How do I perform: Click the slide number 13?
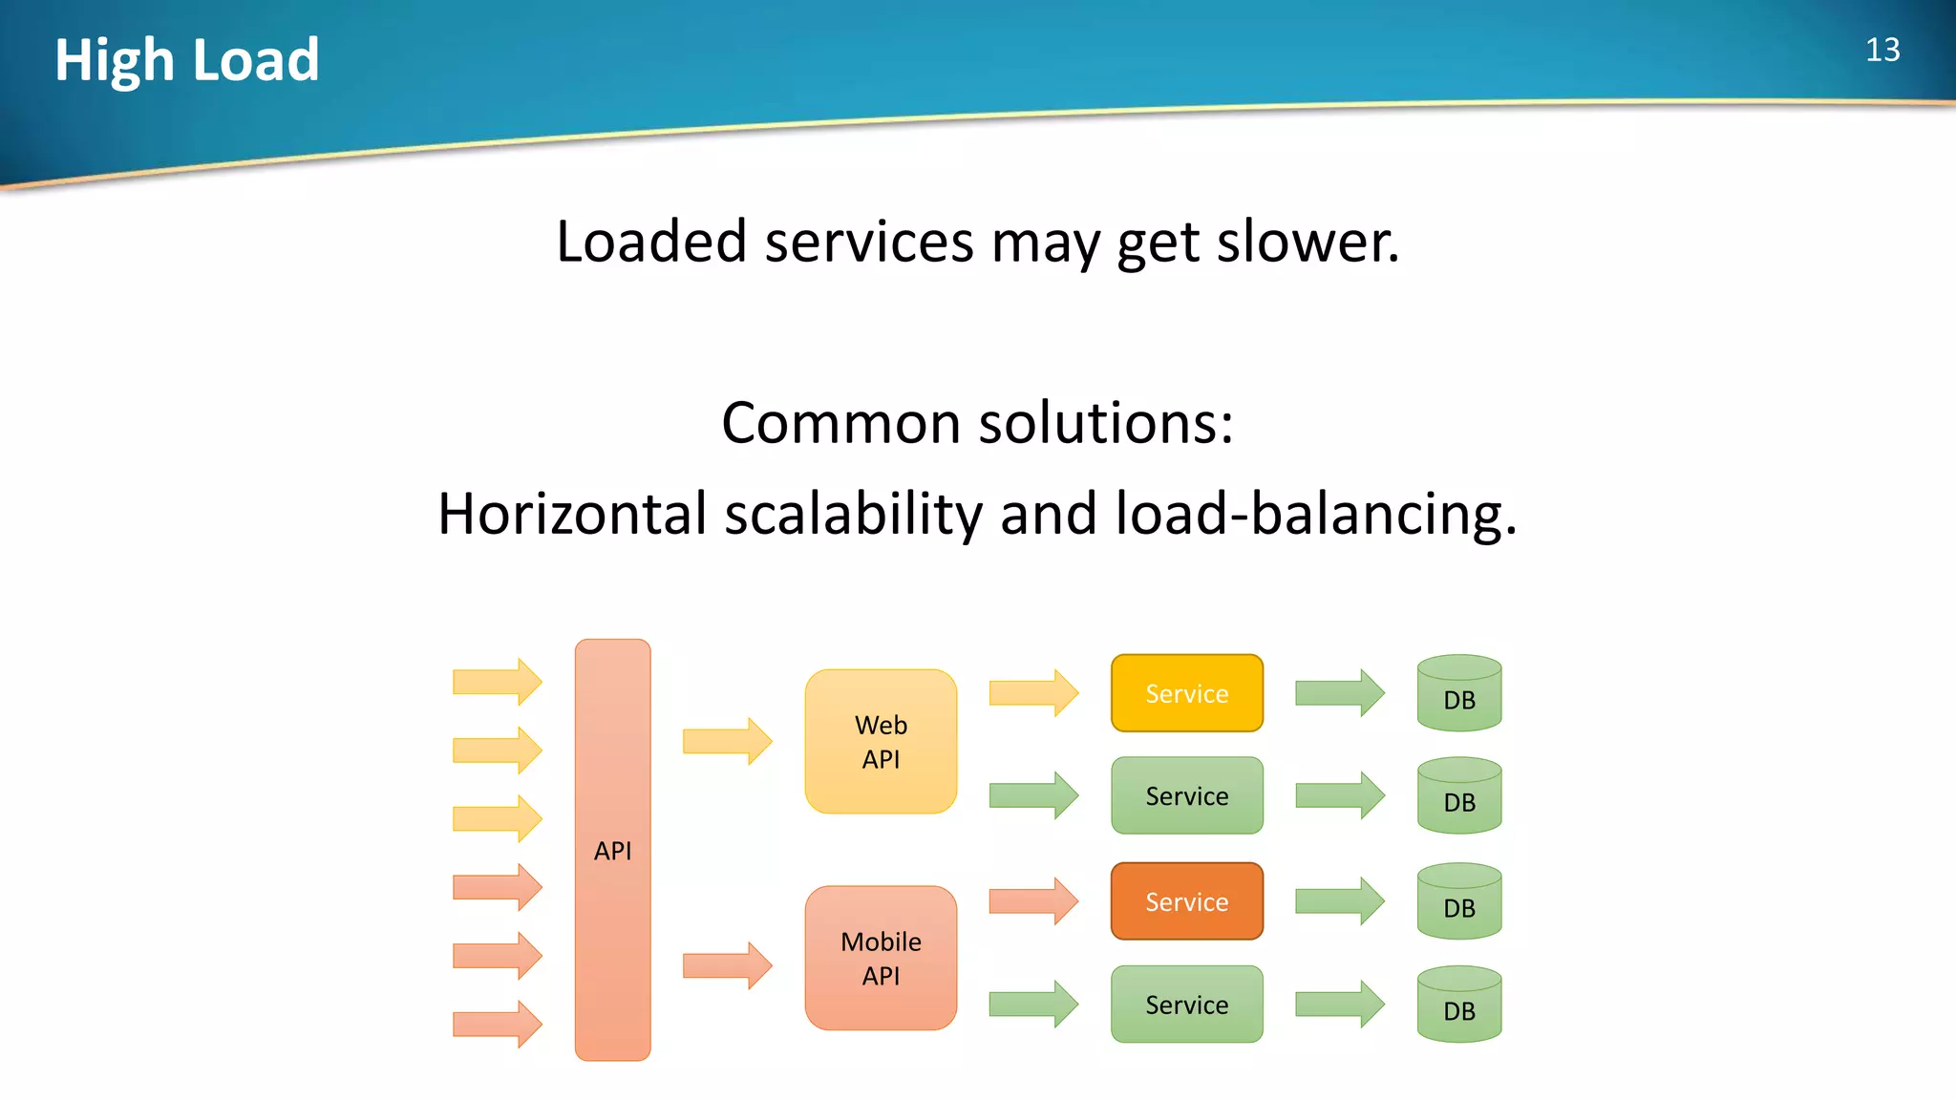click(1882, 50)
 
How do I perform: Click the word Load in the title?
click(256, 60)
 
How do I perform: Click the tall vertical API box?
click(612, 849)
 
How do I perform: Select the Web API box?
click(881, 741)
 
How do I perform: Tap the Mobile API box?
click(881, 958)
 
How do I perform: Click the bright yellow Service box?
click(1186, 693)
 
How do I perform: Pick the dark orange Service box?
click(1186, 901)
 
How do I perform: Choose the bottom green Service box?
click(1186, 1004)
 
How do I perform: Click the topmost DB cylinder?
click(1458, 694)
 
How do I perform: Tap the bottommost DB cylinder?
click(1458, 1005)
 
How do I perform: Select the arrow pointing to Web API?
click(727, 741)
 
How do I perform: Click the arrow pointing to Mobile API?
click(727, 965)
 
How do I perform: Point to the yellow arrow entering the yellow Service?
click(1032, 692)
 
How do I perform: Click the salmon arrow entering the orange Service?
click(1032, 900)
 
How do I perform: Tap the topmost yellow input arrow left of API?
click(497, 682)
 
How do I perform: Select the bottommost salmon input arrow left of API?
click(497, 1024)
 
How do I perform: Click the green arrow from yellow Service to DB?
click(1339, 692)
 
